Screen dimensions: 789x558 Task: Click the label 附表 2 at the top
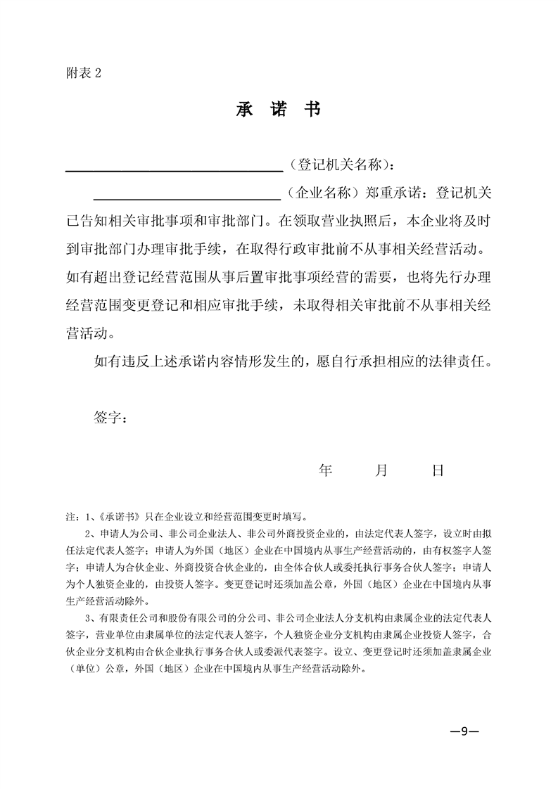pos(83,73)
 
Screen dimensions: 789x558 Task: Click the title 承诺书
pos(279,110)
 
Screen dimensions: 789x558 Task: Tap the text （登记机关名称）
pos(338,165)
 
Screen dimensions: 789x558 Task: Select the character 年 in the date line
pos(325,470)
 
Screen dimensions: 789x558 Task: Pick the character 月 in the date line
pos(381,470)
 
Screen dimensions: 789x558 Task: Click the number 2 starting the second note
pos(87,534)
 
